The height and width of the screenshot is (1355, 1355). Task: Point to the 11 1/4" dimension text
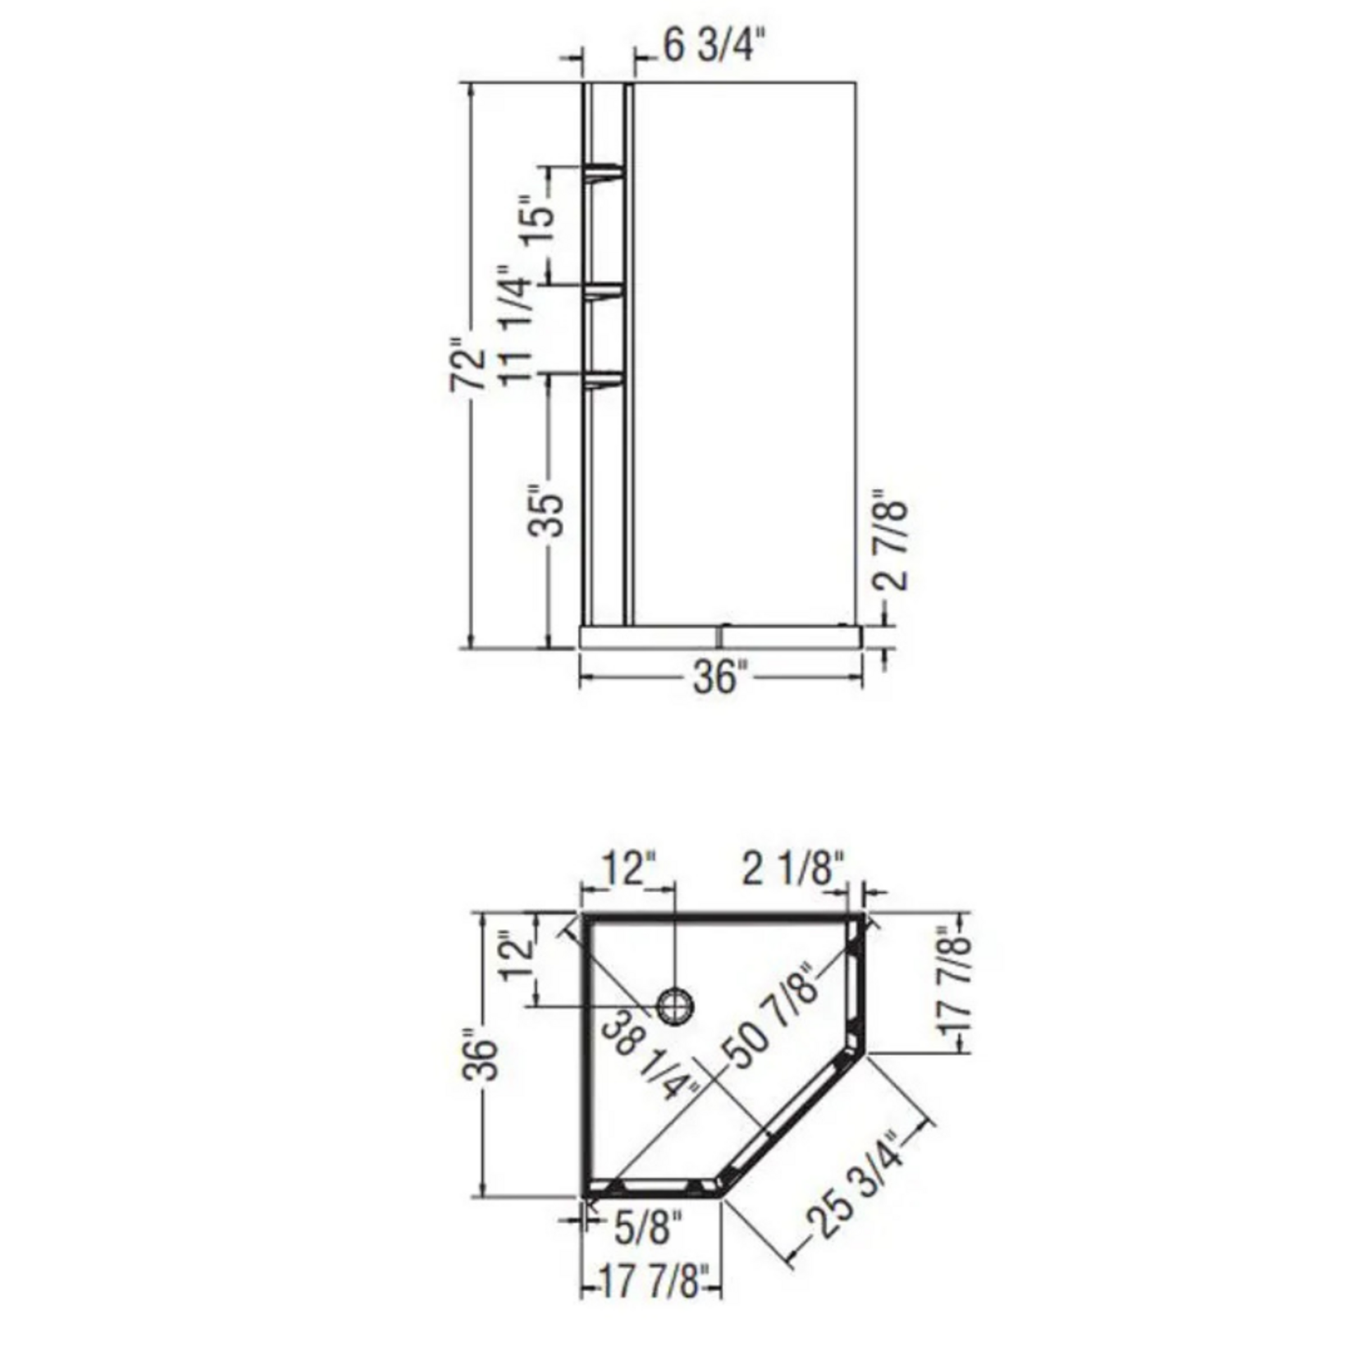pos(517,325)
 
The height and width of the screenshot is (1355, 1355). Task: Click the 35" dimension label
pos(545,514)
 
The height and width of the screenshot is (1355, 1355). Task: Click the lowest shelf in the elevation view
pos(605,379)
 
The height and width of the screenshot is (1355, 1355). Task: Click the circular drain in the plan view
pos(677,1005)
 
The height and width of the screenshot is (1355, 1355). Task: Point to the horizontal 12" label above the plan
pos(630,869)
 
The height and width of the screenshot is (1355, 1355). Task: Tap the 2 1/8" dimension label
pos(792,869)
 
